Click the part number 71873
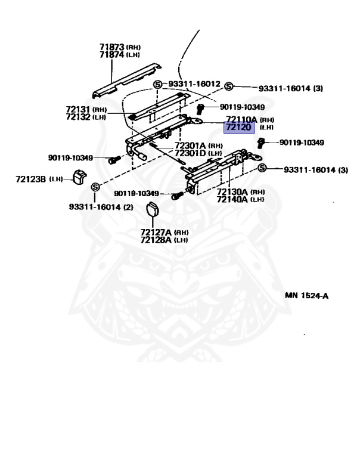pyautogui.click(x=111, y=46)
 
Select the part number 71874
pyautogui.click(x=111, y=54)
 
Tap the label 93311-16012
pyautogui.click(x=194, y=84)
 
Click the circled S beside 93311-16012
pyautogui.click(x=157, y=84)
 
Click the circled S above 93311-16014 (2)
pyautogui.click(x=94, y=188)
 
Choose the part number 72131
pyautogui.click(x=78, y=109)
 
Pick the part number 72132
pyautogui.click(x=78, y=117)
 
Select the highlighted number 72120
pyautogui.click(x=238, y=128)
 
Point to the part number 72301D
pyautogui.click(x=190, y=154)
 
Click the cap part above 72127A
pyautogui.click(x=154, y=209)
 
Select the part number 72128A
pyautogui.click(x=156, y=240)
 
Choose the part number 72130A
pyautogui.click(x=232, y=191)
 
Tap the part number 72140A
pyautogui.click(x=232, y=199)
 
